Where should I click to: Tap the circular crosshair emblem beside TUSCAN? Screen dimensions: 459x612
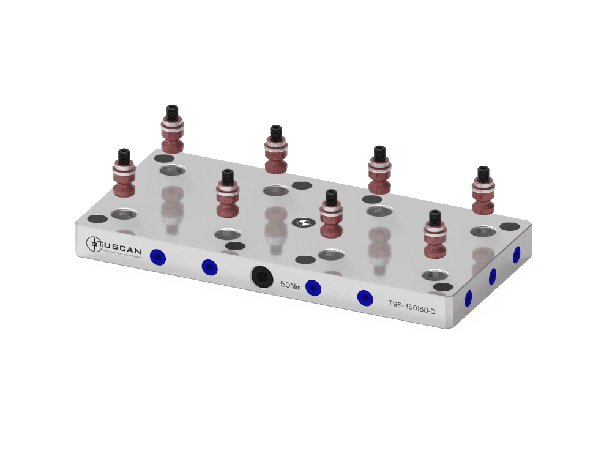pyautogui.click(x=94, y=244)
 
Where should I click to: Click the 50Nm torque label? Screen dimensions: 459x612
pyautogui.click(x=290, y=284)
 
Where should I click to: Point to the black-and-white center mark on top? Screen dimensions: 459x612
pyautogui.click(x=301, y=223)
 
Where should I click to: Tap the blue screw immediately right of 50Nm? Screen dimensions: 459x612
pyautogui.click(x=313, y=287)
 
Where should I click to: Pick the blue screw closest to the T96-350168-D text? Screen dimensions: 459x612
pyautogui.click(x=365, y=298)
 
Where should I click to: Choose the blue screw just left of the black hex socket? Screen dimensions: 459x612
pyautogui.click(x=209, y=267)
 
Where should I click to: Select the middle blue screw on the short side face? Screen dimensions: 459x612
pyautogui.click(x=492, y=277)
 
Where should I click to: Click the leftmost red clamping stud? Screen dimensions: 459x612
pyautogui.click(x=124, y=177)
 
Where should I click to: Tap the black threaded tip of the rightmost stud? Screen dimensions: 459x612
pyautogui.click(x=483, y=173)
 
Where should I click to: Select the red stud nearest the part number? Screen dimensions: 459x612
pyautogui.click(x=435, y=239)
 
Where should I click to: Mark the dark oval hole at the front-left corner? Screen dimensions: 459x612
pyautogui.click(x=97, y=218)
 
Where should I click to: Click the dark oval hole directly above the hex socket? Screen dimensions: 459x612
pyautogui.click(x=232, y=246)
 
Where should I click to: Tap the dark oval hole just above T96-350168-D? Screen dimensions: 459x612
pyautogui.click(x=442, y=286)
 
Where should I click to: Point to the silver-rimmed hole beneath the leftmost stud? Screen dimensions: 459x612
pyautogui.click(x=124, y=214)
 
